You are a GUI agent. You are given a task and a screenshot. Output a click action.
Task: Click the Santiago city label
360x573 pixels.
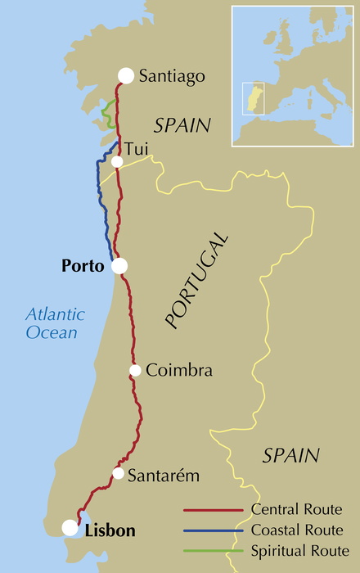171,76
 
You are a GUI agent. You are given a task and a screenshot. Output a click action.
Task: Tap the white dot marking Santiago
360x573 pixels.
125,75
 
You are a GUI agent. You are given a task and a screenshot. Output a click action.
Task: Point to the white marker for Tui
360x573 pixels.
117,161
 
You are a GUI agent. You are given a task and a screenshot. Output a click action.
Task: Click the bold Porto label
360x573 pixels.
83,266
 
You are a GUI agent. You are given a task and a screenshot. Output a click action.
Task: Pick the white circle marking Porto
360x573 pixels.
119,265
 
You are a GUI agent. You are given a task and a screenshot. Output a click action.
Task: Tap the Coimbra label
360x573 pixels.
179,371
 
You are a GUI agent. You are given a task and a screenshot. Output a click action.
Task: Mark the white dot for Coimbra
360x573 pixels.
135,371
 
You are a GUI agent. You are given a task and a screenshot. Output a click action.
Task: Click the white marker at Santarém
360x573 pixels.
119,474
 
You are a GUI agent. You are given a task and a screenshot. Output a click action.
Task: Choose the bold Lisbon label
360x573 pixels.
110,530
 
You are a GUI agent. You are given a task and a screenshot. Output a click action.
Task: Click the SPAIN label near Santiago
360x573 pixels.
182,125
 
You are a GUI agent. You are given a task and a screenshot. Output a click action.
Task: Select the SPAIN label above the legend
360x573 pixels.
290,455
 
